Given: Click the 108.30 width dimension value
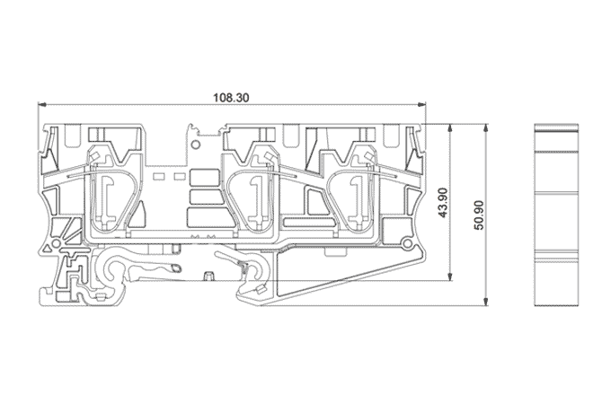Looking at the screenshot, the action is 231,97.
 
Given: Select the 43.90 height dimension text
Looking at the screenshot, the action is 443,203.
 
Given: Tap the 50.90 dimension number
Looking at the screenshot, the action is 479,215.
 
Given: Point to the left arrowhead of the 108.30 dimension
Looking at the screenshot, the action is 42,104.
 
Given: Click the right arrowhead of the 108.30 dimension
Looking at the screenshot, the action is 421,104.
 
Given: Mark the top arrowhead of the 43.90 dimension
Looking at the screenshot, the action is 451,128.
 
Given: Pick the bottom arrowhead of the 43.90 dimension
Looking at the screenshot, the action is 451,276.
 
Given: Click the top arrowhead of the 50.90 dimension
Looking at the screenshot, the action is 485,128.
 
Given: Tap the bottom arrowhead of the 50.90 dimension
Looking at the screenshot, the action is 485,302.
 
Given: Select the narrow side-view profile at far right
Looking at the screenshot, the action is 556,215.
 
